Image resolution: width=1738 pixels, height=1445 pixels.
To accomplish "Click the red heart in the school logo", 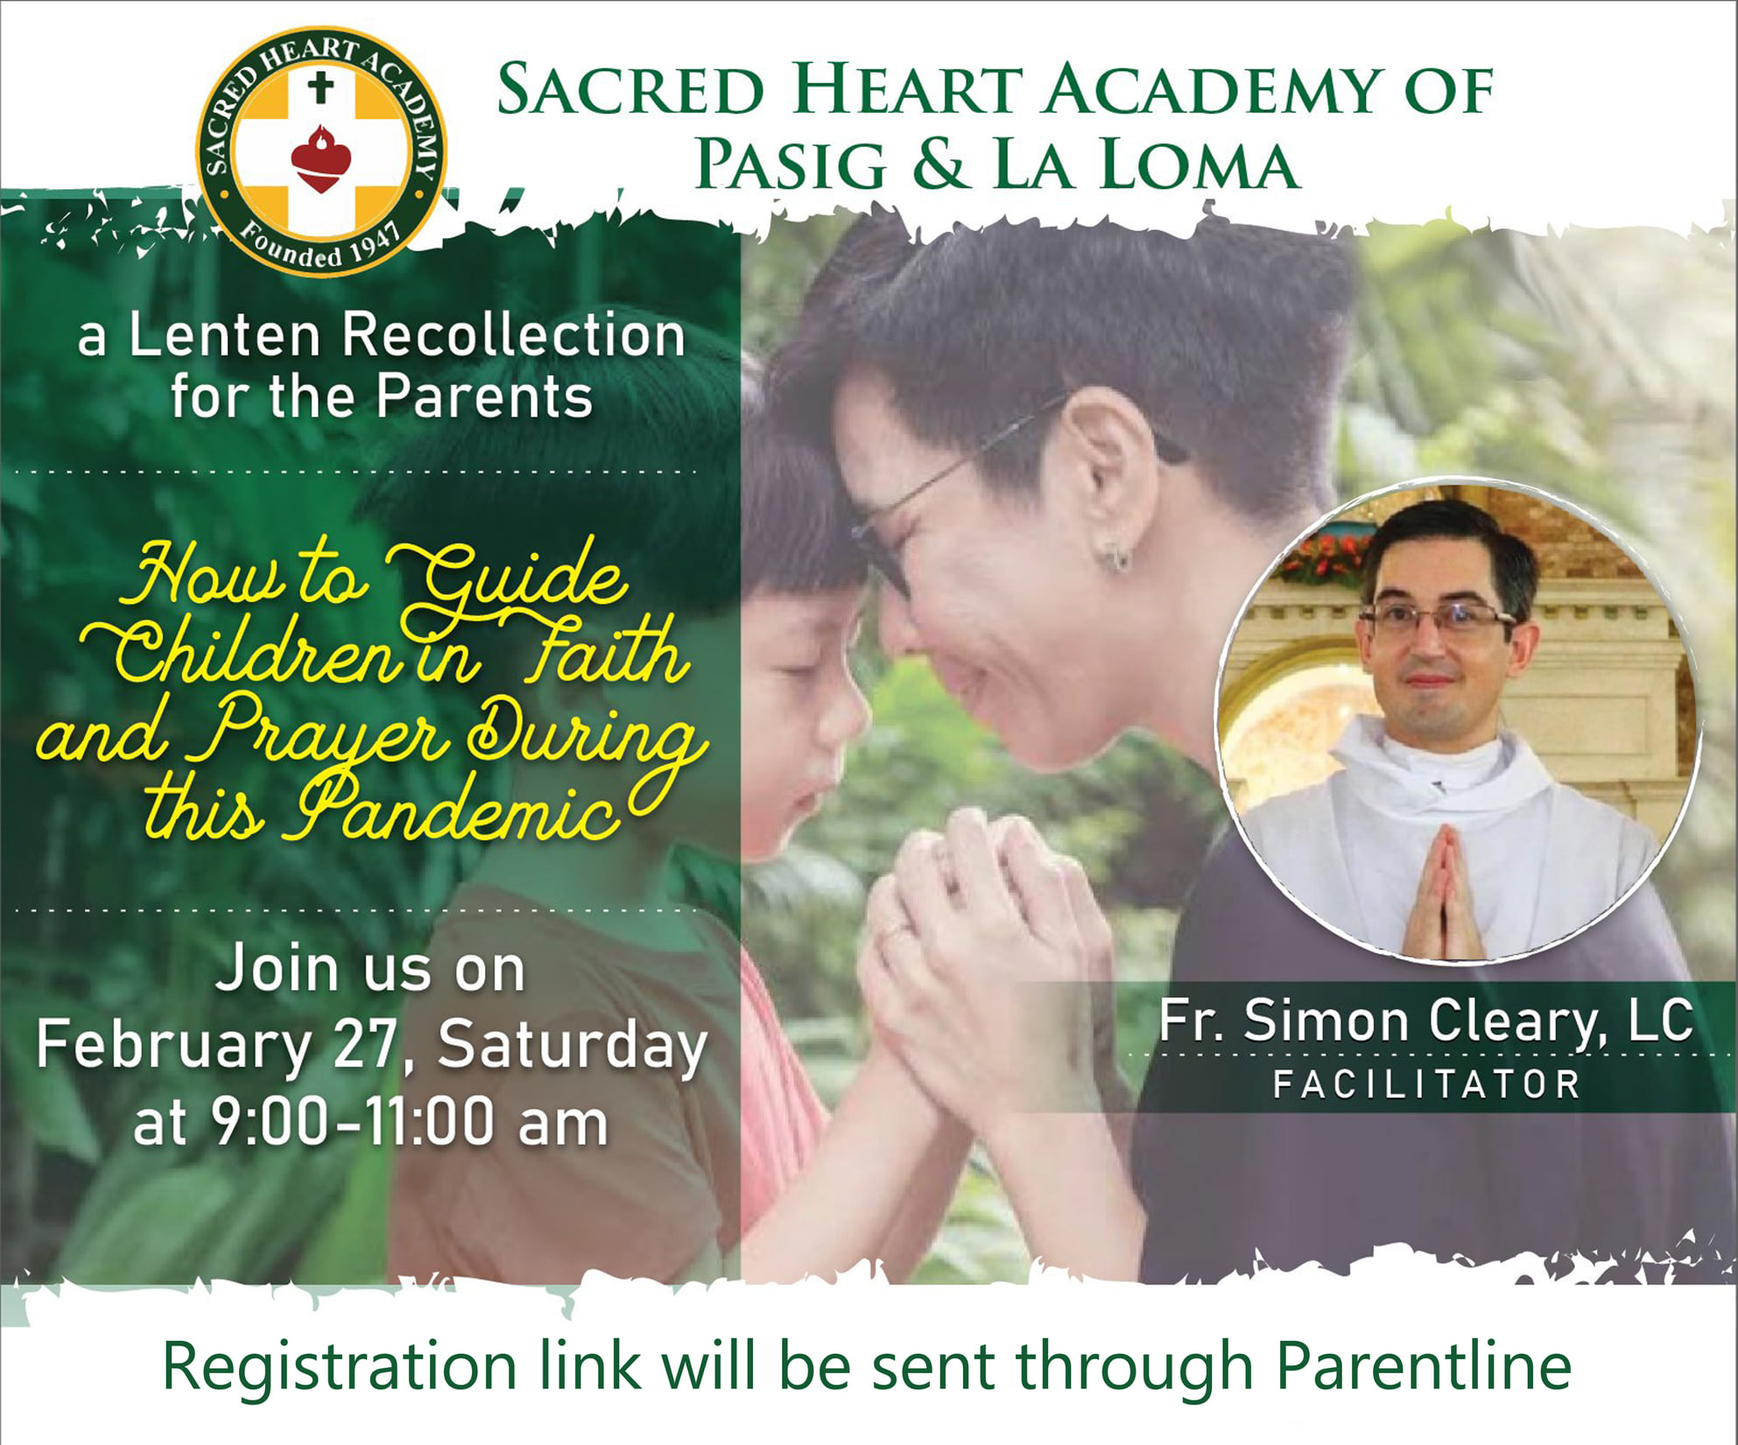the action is (320, 159).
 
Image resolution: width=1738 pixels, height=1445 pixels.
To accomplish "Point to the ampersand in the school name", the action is (941, 165).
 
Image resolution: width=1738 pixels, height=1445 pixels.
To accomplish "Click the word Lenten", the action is (225, 335).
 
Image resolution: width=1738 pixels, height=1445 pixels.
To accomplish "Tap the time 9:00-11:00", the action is (358, 1123).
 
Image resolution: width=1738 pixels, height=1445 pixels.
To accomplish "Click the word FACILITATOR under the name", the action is (1426, 1084).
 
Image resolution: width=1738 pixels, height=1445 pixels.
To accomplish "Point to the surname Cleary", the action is (1520, 1022).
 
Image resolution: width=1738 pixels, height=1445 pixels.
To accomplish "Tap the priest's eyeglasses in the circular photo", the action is (1439, 620).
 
